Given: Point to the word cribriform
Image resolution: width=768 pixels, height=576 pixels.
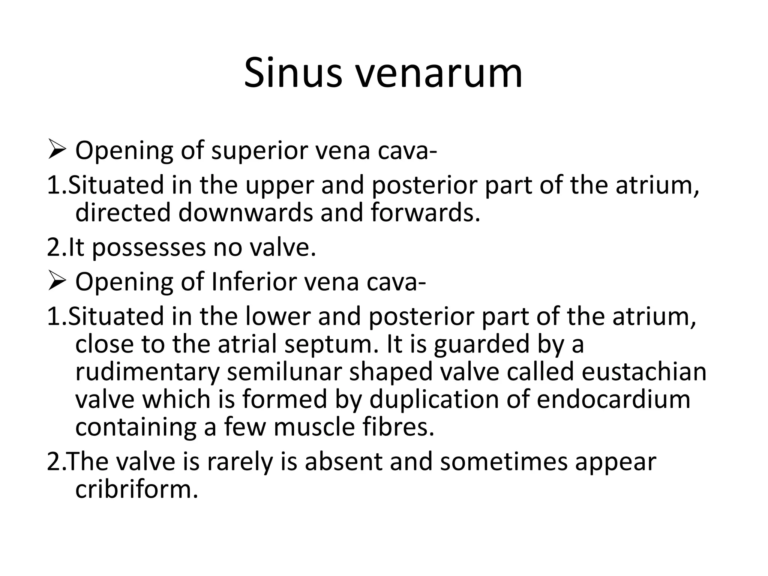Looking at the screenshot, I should (x=136, y=489).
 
